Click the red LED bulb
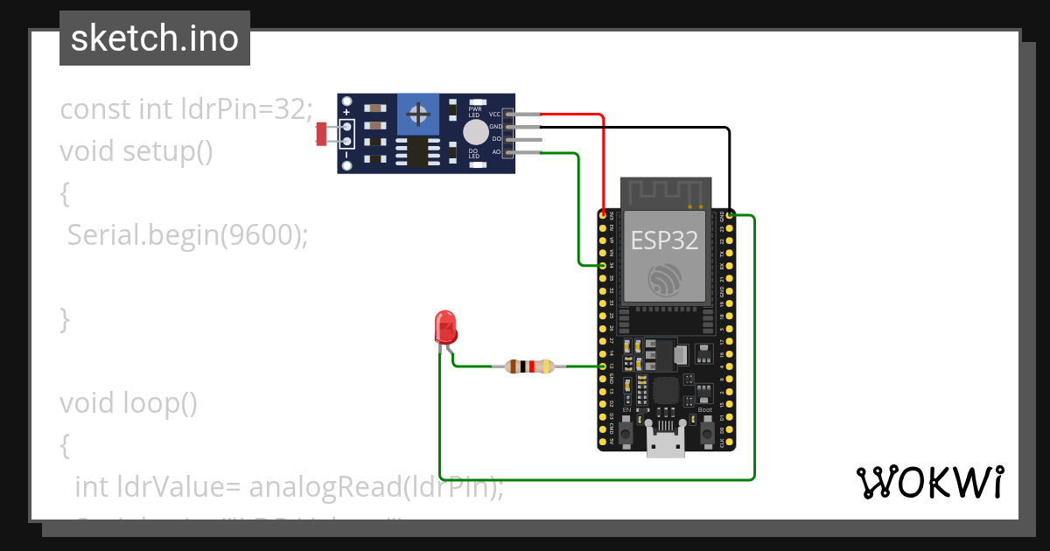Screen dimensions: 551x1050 point(445,326)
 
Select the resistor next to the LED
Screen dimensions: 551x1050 point(530,366)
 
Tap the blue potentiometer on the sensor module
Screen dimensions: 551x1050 point(419,114)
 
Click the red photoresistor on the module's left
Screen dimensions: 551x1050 point(321,134)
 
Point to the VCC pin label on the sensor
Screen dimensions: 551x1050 point(494,115)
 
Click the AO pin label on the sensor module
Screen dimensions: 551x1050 point(496,152)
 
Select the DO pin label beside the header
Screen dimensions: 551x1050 point(496,139)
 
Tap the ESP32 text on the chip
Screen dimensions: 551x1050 point(665,241)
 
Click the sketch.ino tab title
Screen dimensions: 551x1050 point(155,38)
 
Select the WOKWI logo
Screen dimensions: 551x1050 point(929,482)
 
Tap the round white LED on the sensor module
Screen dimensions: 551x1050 point(475,132)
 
